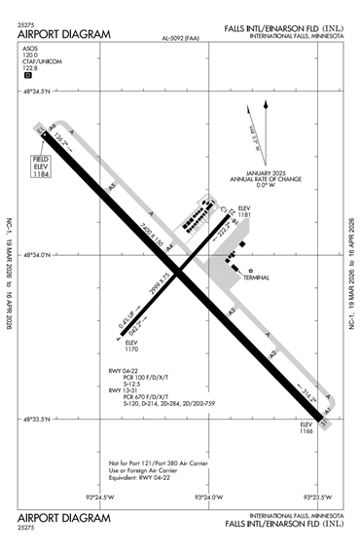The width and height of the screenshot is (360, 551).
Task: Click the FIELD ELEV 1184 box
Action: tap(42, 166)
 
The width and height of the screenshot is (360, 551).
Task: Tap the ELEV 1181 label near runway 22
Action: tap(244, 211)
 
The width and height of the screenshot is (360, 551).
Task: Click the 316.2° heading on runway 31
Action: tap(309, 393)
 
